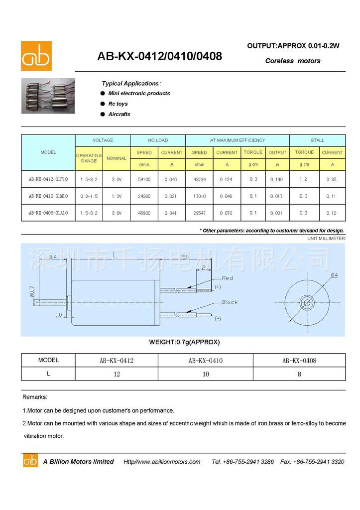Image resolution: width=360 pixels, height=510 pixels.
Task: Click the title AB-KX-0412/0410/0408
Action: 159,56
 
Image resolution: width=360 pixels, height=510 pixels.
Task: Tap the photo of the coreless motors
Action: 48,96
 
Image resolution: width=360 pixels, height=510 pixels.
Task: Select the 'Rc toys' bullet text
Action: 118,104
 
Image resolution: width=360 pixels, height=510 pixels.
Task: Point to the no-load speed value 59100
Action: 144,179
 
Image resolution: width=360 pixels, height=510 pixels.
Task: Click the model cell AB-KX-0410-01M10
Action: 48,196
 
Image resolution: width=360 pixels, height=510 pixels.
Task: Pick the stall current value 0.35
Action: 332,179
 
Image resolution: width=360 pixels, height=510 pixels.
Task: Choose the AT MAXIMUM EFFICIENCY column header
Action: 237,140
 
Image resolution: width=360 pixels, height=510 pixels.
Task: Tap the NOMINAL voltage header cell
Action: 117,158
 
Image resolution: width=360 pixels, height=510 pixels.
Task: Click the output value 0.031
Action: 276,213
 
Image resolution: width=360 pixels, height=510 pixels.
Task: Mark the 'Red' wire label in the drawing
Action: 228,278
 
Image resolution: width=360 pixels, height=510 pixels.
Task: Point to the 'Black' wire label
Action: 230,302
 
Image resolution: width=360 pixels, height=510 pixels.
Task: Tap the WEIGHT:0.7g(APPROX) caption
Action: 184,342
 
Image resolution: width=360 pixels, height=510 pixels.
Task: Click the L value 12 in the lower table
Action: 117,374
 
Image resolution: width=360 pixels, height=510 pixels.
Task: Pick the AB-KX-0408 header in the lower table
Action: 299,360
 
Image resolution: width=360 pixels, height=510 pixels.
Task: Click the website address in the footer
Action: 162,462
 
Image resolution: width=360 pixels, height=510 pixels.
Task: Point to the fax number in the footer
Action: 312,462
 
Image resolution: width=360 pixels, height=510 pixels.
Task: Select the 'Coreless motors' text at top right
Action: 293,61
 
